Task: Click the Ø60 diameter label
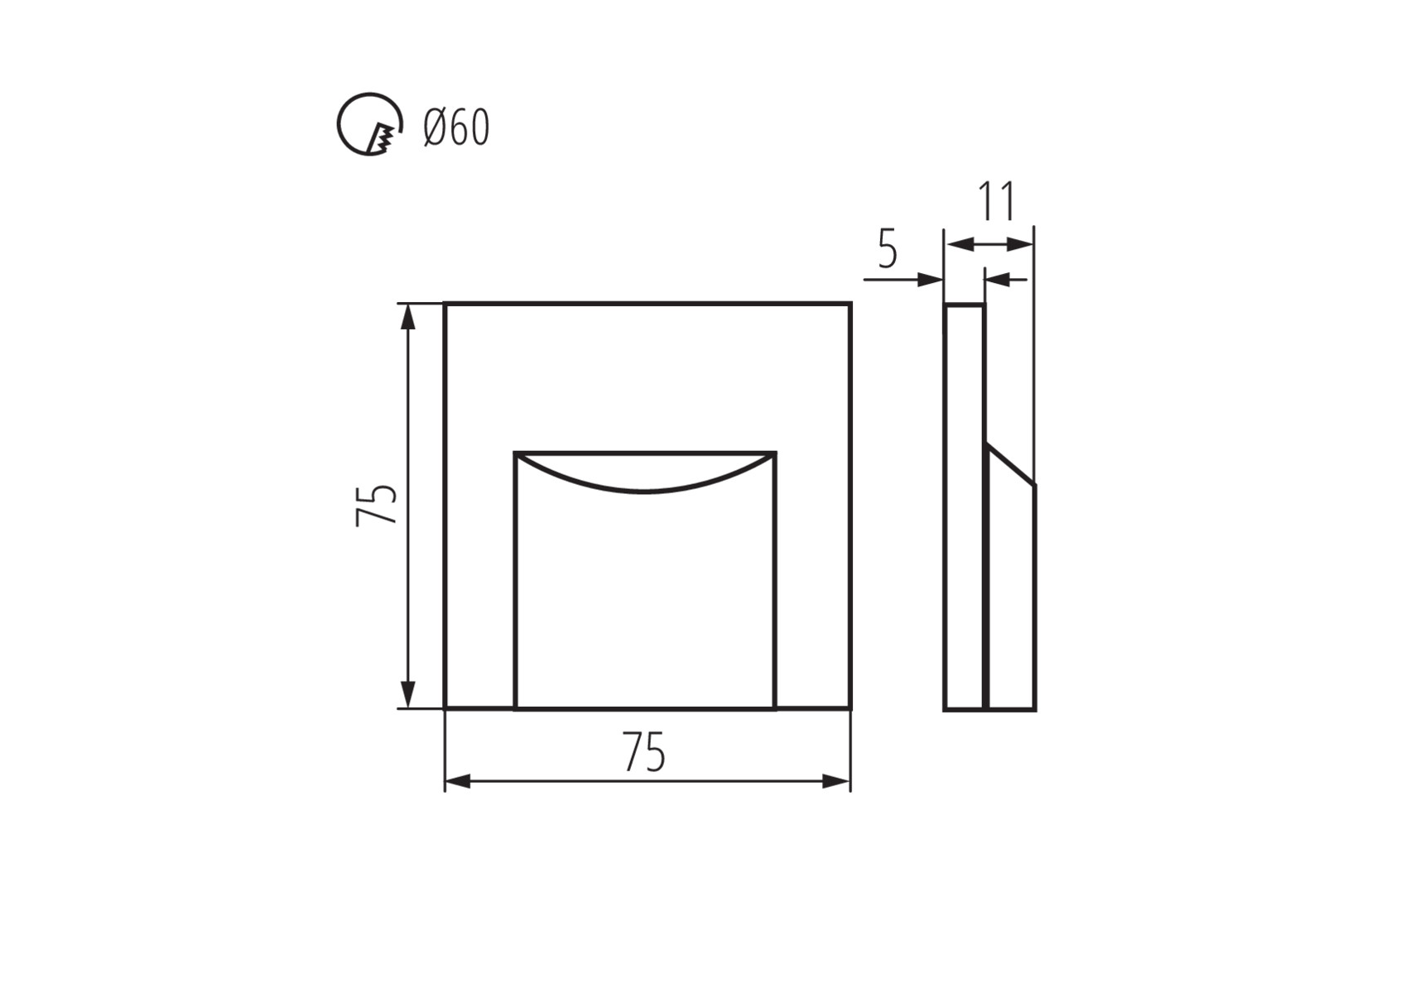coord(456,127)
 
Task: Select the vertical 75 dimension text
coord(377,505)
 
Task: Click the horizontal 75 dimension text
coord(644,753)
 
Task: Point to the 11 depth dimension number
coord(996,201)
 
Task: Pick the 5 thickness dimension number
coord(887,249)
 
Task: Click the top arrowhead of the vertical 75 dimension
coord(407,316)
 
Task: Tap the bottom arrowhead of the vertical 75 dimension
coord(407,696)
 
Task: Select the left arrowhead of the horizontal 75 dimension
coord(458,781)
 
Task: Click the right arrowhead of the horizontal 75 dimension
coord(837,781)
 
